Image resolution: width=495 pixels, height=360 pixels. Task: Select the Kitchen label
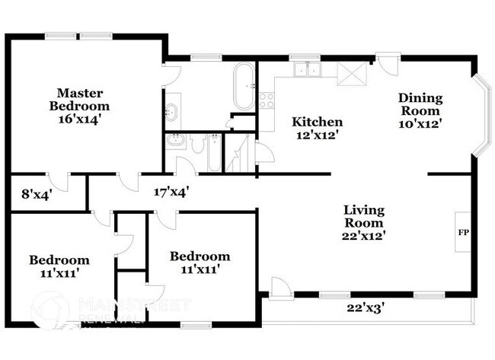[318, 122]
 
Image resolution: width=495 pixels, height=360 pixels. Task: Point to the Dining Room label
[420, 103]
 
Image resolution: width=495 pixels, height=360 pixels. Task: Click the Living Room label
[363, 217]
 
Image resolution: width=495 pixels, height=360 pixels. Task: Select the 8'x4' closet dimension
[36, 194]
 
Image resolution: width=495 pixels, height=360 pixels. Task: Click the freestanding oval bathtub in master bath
[244, 86]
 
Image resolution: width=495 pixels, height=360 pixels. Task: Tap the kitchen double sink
[308, 70]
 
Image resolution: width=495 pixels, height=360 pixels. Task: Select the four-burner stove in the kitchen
[266, 100]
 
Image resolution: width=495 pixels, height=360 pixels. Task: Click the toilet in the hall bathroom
[196, 144]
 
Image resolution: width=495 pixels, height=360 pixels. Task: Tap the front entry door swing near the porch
[279, 288]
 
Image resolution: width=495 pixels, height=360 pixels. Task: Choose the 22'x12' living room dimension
[363, 236]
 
